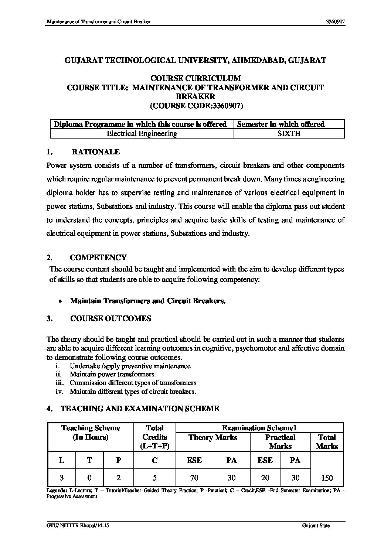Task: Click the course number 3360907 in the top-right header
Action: click(x=335, y=22)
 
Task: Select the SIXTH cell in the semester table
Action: click(x=289, y=134)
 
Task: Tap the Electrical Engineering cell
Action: click(x=142, y=134)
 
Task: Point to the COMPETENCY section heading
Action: click(x=98, y=257)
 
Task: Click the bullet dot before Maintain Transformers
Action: click(x=60, y=301)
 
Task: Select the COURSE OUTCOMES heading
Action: click(x=110, y=319)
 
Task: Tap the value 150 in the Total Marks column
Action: click(x=327, y=478)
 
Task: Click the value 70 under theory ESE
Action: click(x=194, y=478)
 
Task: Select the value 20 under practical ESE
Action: click(x=265, y=478)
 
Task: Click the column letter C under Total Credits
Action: click(x=154, y=460)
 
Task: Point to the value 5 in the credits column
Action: click(x=154, y=478)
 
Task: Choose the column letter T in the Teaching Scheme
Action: click(x=89, y=460)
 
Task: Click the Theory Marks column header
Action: click(x=213, y=438)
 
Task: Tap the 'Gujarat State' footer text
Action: click(x=316, y=526)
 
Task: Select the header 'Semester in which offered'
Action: click(x=280, y=124)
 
